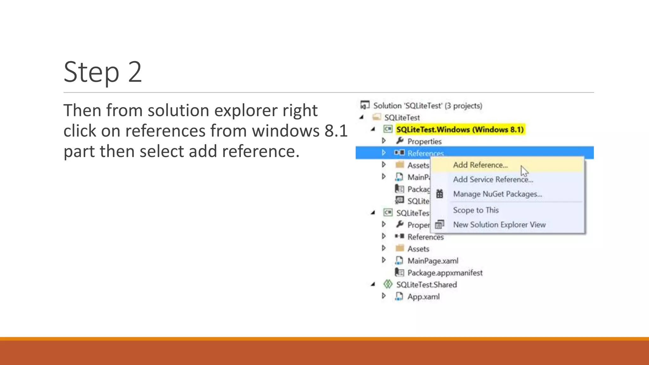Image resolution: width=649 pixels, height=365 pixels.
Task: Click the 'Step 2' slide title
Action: (103, 72)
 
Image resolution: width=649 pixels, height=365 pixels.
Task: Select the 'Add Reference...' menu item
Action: (480, 165)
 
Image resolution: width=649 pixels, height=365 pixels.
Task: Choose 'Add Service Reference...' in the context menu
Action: (493, 180)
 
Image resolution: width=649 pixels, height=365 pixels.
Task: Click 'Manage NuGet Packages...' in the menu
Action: (498, 194)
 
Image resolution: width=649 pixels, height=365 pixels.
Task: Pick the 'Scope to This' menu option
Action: (476, 210)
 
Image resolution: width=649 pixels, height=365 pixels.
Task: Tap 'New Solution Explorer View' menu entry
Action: (499, 225)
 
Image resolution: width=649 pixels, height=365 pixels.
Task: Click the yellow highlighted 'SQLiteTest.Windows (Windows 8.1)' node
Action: (460, 130)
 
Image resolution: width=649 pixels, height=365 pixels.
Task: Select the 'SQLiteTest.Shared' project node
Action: (426, 285)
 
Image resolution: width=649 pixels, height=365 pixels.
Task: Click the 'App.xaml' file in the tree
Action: (423, 297)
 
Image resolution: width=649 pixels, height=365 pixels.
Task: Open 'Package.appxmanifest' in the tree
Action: (445, 273)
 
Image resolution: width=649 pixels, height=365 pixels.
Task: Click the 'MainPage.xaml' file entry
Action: (433, 261)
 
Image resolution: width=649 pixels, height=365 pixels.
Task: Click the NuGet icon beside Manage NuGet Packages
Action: (440, 194)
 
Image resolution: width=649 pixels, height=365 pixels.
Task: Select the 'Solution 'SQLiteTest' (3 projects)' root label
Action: (427, 106)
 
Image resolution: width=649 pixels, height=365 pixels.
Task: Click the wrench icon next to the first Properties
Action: (400, 140)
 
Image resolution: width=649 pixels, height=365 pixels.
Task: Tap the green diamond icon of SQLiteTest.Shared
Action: (388, 284)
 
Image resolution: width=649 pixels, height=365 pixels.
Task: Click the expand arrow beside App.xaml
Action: (384, 296)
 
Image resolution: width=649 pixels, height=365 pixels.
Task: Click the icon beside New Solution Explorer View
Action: (440, 225)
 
